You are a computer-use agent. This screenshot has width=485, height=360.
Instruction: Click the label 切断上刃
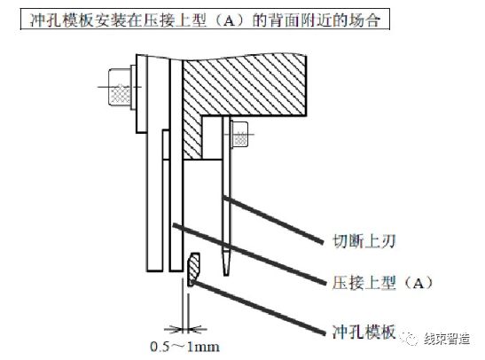[x=364, y=241]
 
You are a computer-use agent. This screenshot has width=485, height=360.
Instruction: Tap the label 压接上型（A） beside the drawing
[x=383, y=282]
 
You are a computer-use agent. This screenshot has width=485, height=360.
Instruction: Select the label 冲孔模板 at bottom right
[x=364, y=333]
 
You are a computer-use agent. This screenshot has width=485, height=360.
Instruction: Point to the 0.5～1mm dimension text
[x=185, y=347]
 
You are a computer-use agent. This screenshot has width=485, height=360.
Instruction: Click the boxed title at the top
[x=205, y=20]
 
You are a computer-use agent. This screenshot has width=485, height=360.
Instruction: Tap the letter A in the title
[x=229, y=21]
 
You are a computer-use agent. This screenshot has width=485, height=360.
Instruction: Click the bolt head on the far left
[x=119, y=88]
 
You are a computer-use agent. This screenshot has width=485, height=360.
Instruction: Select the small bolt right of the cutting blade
[x=239, y=134]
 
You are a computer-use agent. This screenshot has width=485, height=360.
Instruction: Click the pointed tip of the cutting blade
[x=226, y=275]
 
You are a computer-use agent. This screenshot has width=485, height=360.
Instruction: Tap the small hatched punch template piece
[x=193, y=269]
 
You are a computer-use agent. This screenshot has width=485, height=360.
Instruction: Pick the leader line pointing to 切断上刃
[x=273, y=219]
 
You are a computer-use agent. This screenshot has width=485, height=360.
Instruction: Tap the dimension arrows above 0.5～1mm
[x=185, y=329]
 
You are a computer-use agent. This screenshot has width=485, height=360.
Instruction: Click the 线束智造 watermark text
[x=447, y=339]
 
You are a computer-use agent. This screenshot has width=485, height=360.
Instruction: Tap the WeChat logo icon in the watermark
[x=409, y=339]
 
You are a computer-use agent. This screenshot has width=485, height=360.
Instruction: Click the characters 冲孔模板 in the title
[x=61, y=20]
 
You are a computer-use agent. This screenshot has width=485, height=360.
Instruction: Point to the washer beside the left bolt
[x=133, y=87]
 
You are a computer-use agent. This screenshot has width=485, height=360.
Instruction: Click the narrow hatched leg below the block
[x=192, y=136]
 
